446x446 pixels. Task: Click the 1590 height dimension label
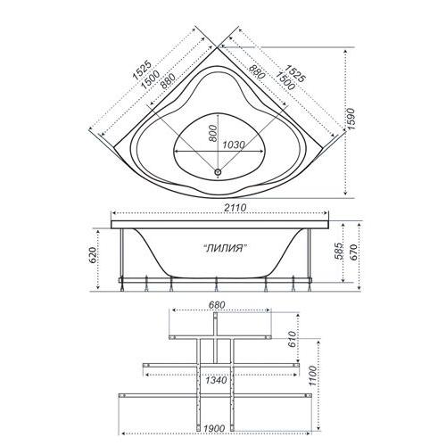(351, 119)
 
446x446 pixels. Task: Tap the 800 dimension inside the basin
(213, 133)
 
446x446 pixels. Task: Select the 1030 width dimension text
(234, 145)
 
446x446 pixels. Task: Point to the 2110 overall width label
(235, 208)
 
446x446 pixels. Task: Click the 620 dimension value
(93, 255)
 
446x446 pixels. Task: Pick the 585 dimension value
(338, 252)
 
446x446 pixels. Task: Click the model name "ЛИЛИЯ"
(227, 248)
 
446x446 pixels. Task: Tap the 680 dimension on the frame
(217, 305)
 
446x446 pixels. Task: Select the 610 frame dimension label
(293, 339)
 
